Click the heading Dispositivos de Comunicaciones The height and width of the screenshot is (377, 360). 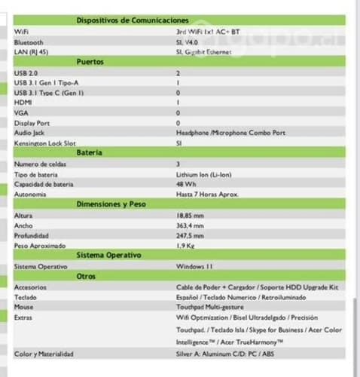[133, 19]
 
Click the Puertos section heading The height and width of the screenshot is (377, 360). [90, 61]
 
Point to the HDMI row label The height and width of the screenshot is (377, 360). [23, 102]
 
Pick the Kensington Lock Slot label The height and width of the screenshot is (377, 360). [44, 142]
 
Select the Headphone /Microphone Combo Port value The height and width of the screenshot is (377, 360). [230, 132]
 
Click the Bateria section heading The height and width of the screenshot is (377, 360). [90, 152]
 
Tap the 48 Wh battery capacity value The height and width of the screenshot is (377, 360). [187, 184]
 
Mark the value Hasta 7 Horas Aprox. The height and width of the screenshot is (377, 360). [208, 194]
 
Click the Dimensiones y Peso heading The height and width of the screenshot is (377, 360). [111, 204]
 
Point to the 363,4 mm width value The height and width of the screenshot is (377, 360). [191, 225]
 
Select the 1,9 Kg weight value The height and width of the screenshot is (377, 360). [185, 245]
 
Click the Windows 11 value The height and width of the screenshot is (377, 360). [195, 266]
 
